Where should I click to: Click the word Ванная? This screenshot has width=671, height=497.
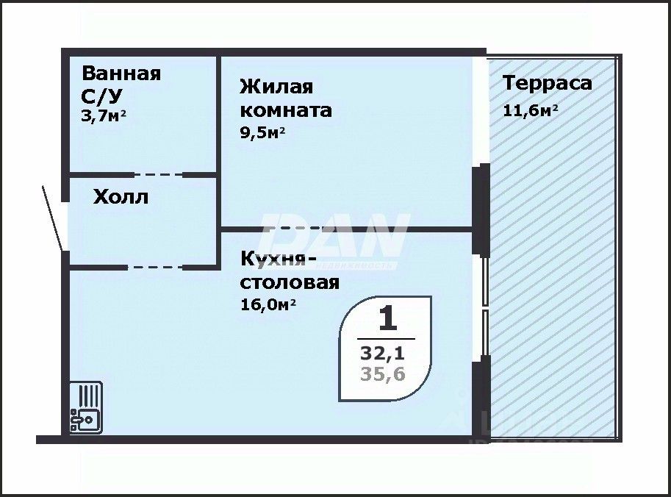pos(121,74)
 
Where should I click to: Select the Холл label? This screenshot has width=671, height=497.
pos(121,197)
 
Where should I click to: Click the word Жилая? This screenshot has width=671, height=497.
pos(276,87)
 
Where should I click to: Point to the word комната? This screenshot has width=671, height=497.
pos(286,110)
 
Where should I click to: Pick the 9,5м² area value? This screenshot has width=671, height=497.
pos(262,133)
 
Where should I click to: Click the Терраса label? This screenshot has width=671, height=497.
pos(547,82)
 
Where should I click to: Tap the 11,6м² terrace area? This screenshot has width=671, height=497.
pos(530,110)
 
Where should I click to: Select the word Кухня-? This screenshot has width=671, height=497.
pos(279,259)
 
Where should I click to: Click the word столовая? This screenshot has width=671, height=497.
pos(290,282)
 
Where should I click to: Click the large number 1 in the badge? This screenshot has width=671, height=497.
pos(387,319)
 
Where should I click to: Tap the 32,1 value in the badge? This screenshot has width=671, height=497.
pos(383,353)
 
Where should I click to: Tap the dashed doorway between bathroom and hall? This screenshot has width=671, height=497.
pos(158,175)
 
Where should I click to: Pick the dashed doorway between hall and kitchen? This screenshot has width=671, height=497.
pos(156,267)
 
